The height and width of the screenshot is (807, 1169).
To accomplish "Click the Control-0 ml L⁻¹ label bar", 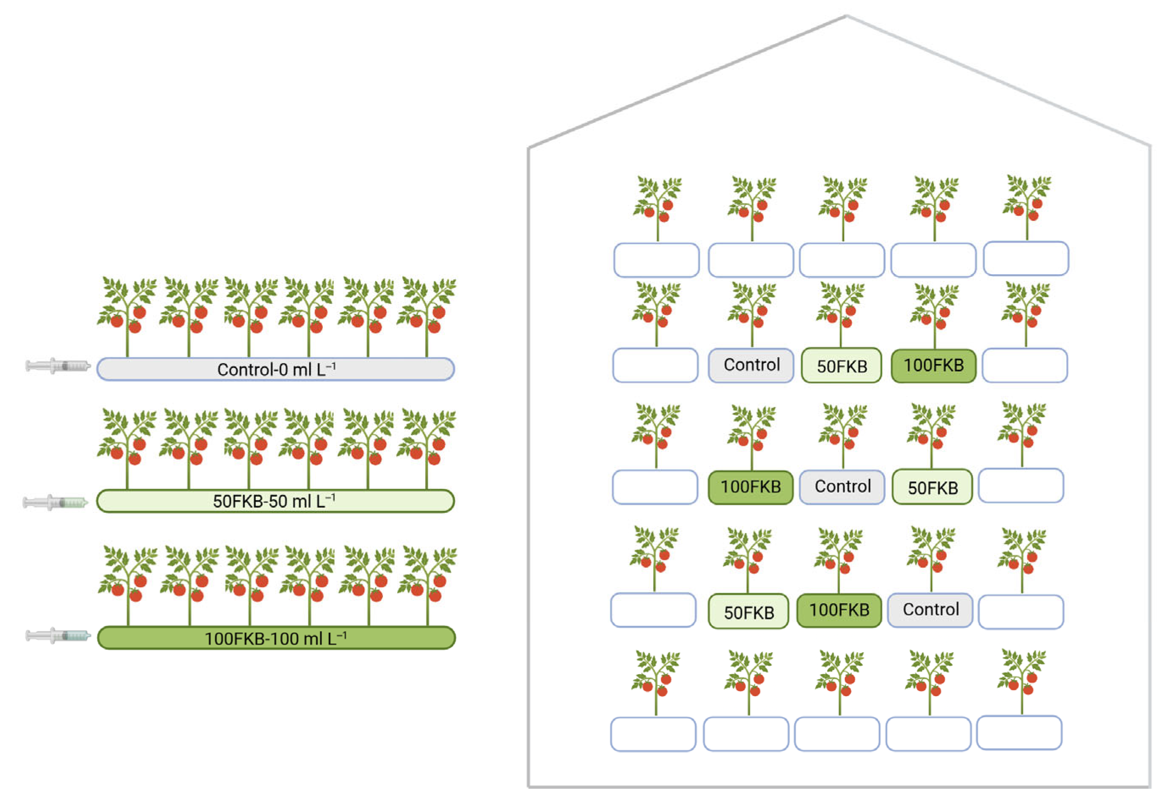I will tap(275, 369).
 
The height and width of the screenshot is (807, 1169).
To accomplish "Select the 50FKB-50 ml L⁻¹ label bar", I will tap(275, 501).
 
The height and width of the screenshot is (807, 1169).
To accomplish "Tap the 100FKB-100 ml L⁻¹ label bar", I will tap(276, 638).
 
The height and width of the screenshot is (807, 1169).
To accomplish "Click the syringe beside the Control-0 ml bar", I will tap(58, 365).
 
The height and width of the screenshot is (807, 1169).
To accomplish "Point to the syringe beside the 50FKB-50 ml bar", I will tap(55, 502).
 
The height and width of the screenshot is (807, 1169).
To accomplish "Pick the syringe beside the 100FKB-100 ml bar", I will tap(58, 636).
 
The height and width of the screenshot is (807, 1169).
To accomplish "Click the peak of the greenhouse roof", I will tap(846, 17).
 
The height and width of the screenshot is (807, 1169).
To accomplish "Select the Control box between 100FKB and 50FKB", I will tap(842, 486).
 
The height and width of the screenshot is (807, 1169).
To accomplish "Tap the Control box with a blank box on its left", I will tap(751, 365).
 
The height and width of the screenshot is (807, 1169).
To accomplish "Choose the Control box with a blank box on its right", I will tap(930, 610).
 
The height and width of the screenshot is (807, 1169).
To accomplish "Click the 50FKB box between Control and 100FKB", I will tap(842, 366).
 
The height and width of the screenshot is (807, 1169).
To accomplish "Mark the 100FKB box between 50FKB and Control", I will tap(839, 610).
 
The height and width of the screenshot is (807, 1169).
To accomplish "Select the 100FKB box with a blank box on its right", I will tap(933, 366).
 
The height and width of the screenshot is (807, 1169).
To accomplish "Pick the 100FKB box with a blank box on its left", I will tap(751, 488).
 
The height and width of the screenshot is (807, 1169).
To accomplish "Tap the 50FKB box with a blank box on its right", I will tap(932, 488).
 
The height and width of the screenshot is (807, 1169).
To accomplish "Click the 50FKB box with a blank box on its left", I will tap(748, 612).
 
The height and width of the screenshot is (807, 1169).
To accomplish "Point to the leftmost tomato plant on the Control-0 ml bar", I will tap(127, 316).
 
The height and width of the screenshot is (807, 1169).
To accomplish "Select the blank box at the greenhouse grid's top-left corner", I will tap(657, 260).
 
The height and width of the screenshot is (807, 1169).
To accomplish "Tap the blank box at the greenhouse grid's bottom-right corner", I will tap(1019, 732).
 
